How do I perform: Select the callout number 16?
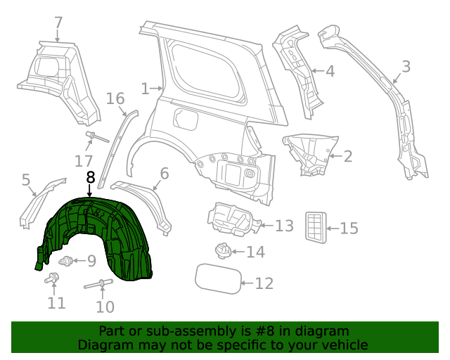tap(115, 98)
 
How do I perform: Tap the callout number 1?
tap(145, 89)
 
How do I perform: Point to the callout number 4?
tap(329, 70)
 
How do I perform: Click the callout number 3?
tap(406, 67)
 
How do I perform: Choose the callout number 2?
tap(347, 156)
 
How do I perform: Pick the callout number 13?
tap(284, 226)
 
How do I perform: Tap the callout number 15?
tap(349, 228)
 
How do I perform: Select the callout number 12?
tap(264, 283)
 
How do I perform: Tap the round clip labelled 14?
tap(223, 250)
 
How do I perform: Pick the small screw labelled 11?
tap(53, 279)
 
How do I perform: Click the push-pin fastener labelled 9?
tap(67, 262)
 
